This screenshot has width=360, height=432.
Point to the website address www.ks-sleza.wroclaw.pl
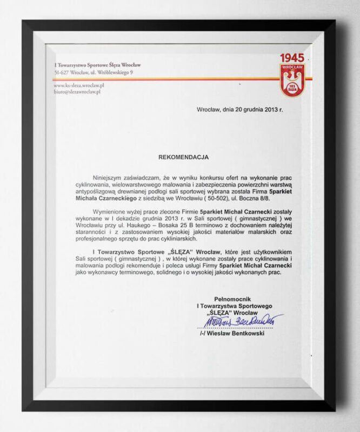pos(79,85)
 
